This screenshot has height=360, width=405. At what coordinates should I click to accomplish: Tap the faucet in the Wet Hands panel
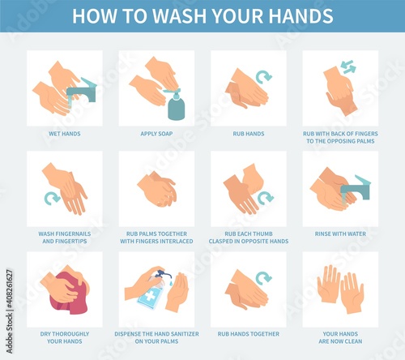pyautogui.click(x=82, y=91)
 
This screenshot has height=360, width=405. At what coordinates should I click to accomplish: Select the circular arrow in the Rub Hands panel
pyautogui.click(x=263, y=77)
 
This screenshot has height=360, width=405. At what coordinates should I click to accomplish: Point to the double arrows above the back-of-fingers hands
pyautogui.click(x=348, y=66)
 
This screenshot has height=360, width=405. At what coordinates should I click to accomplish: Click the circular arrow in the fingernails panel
pyautogui.click(x=52, y=198)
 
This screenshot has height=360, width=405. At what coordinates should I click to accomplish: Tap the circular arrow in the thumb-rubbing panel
pyautogui.click(x=266, y=198)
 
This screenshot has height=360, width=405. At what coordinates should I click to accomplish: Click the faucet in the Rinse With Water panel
pyautogui.click(x=356, y=188)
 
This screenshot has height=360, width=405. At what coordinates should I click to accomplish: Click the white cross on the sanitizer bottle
pyautogui.click(x=151, y=297)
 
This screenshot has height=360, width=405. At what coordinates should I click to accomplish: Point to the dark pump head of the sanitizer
pyautogui.click(x=163, y=274)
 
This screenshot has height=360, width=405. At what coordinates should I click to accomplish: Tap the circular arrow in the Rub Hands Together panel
pyautogui.click(x=263, y=278)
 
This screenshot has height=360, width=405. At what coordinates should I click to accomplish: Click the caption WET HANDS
pyautogui.click(x=65, y=134)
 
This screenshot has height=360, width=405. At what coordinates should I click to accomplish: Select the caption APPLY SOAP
pyautogui.click(x=156, y=134)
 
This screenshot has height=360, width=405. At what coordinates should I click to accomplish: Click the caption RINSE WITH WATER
pyautogui.click(x=340, y=234)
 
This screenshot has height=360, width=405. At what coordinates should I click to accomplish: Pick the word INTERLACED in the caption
pyautogui.click(x=176, y=241)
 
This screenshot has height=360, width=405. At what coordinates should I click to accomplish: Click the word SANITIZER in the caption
pyautogui.click(x=185, y=334)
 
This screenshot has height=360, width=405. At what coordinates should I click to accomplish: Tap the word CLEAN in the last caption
pyautogui.click(x=353, y=341)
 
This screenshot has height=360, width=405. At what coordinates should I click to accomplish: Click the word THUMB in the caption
pyautogui.click(x=263, y=234)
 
